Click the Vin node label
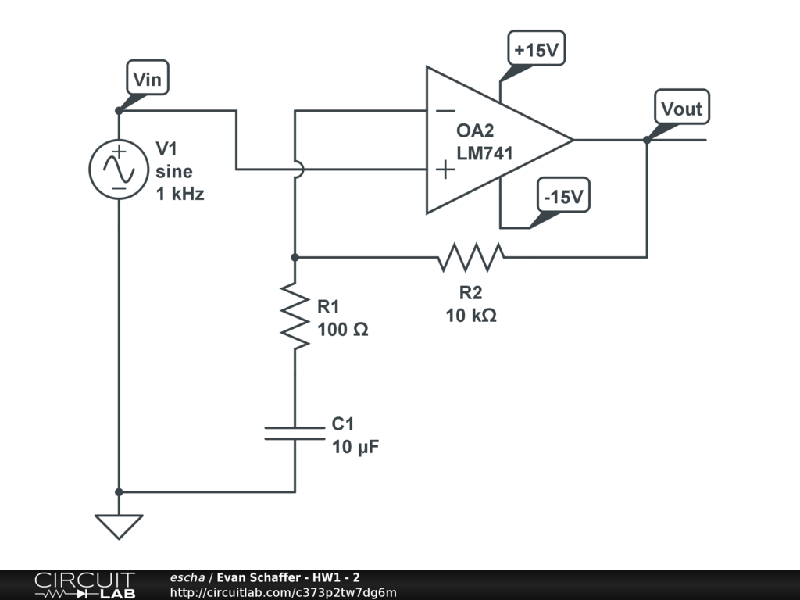point(148,77)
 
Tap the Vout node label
point(681,107)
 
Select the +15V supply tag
point(536,48)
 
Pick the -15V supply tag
point(564,195)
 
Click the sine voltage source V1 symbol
point(119,170)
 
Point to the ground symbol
point(119,527)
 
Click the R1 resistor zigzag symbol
point(295,316)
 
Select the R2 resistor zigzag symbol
point(471,257)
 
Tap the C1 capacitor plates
point(295,433)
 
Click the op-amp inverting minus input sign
point(445,111)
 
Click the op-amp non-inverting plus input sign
point(445,170)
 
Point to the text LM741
point(484,153)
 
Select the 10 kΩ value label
point(471,316)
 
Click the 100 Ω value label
point(343,329)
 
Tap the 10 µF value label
point(355,447)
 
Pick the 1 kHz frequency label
point(180,194)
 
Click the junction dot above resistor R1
point(295,258)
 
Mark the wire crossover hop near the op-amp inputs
point(300,170)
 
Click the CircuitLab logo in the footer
point(85,585)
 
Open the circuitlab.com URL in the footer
point(283,592)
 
